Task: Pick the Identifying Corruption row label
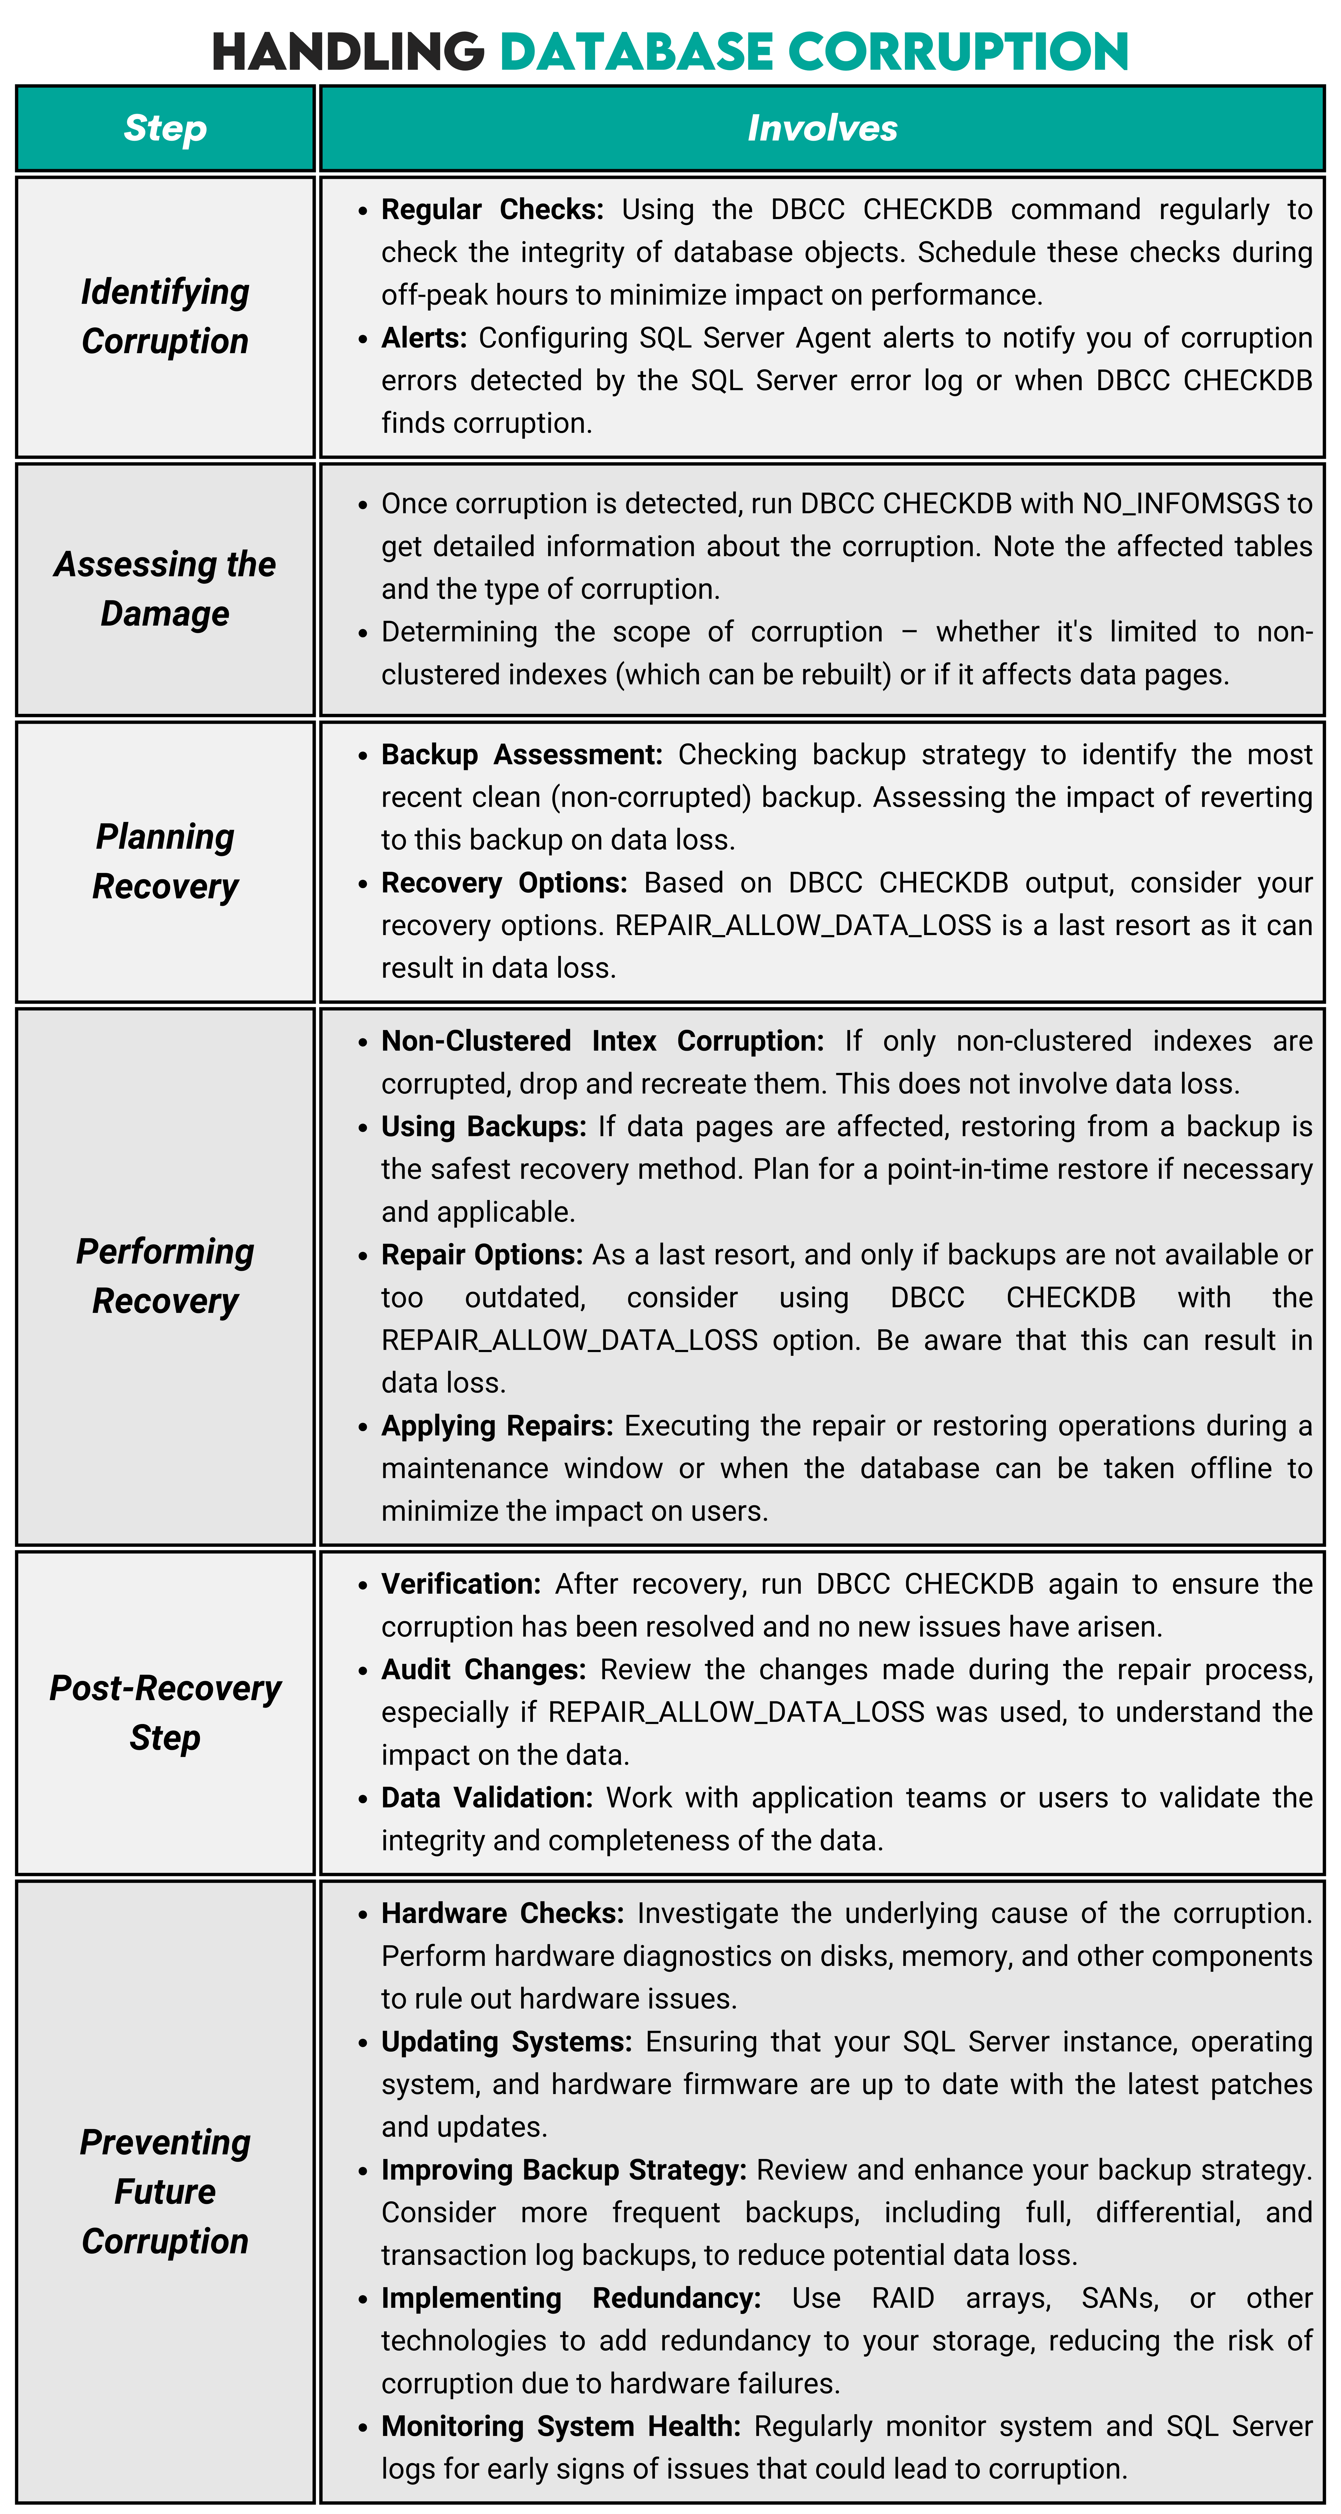point(165,316)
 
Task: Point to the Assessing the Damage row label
point(165,589)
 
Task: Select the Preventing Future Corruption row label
point(165,2191)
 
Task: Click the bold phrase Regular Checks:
point(492,210)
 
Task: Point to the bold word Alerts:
point(424,338)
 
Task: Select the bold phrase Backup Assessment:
point(521,754)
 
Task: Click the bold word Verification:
point(461,1584)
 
